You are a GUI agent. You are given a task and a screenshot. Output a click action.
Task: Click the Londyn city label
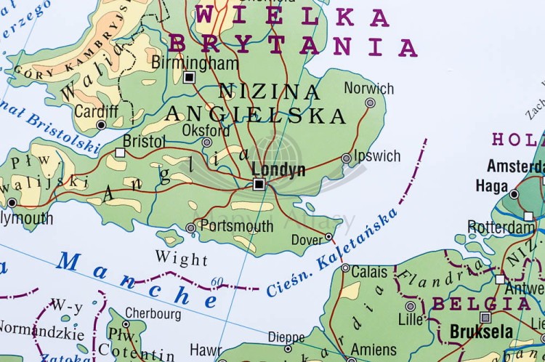[x=278, y=169]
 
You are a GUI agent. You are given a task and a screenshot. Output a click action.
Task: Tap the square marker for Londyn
[x=259, y=185]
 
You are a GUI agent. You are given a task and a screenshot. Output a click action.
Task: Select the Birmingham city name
[x=195, y=63]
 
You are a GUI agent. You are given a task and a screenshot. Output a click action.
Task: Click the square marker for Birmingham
[x=190, y=77]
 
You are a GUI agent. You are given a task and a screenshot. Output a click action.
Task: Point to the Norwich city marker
[x=370, y=103]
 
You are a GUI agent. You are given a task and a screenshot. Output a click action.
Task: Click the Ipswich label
[x=377, y=156]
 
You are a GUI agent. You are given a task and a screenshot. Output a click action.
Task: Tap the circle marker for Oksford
[x=207, y=143]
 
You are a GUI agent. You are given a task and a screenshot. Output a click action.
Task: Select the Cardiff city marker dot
[x=101, y=125]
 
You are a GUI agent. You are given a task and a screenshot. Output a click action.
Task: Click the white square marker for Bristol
[x=120, y=152]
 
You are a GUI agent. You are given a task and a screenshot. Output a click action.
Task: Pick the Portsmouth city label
[x=236, y=227]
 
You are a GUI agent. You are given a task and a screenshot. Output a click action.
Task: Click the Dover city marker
[x=328, y=236]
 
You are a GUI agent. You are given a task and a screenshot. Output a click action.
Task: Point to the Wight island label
[x=182, y=259]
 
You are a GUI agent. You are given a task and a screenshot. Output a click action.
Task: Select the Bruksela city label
[x=481, y=331]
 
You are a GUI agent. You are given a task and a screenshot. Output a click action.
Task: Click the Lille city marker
[x=411, y=306]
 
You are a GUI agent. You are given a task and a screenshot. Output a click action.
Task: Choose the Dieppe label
[x=286, y=337]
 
